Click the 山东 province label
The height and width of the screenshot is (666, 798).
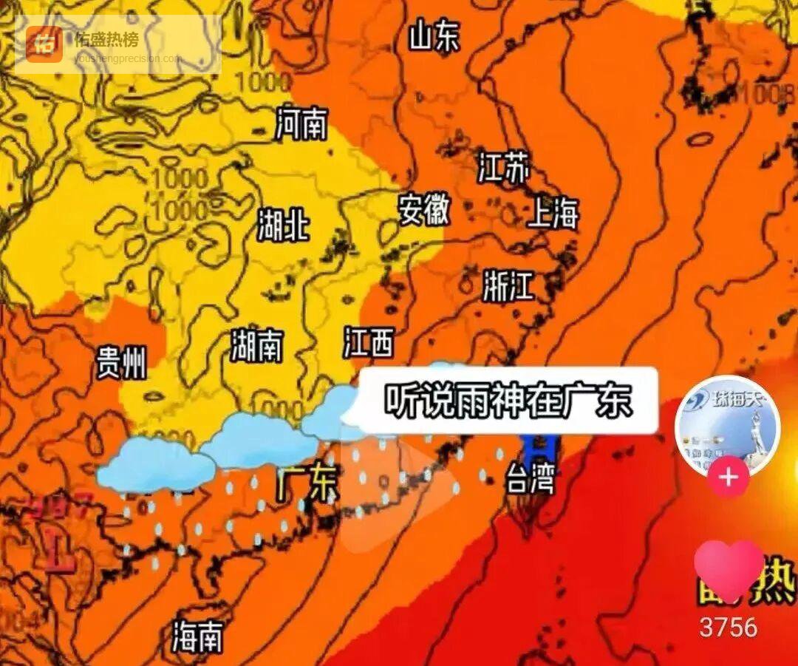(434, 36)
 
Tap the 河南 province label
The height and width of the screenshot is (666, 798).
(301, 123)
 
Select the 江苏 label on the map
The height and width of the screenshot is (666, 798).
(503, 169)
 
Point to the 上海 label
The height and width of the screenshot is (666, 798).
(553, 214)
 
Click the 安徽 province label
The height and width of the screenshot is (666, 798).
(424, 210)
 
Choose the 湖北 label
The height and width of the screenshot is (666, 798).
(283, 224)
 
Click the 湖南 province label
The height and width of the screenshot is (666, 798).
(256, 345)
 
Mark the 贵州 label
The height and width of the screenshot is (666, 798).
(121, 363)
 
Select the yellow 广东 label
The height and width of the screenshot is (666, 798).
(307, 484)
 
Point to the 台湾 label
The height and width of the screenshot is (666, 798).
(530, 481)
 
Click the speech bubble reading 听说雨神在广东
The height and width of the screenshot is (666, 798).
(508, 401)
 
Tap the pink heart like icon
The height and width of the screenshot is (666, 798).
(729, 570)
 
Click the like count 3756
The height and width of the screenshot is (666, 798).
(729, 628)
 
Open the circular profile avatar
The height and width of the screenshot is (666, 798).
(727, 427)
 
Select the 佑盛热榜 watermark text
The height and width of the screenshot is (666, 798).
(106, 38)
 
